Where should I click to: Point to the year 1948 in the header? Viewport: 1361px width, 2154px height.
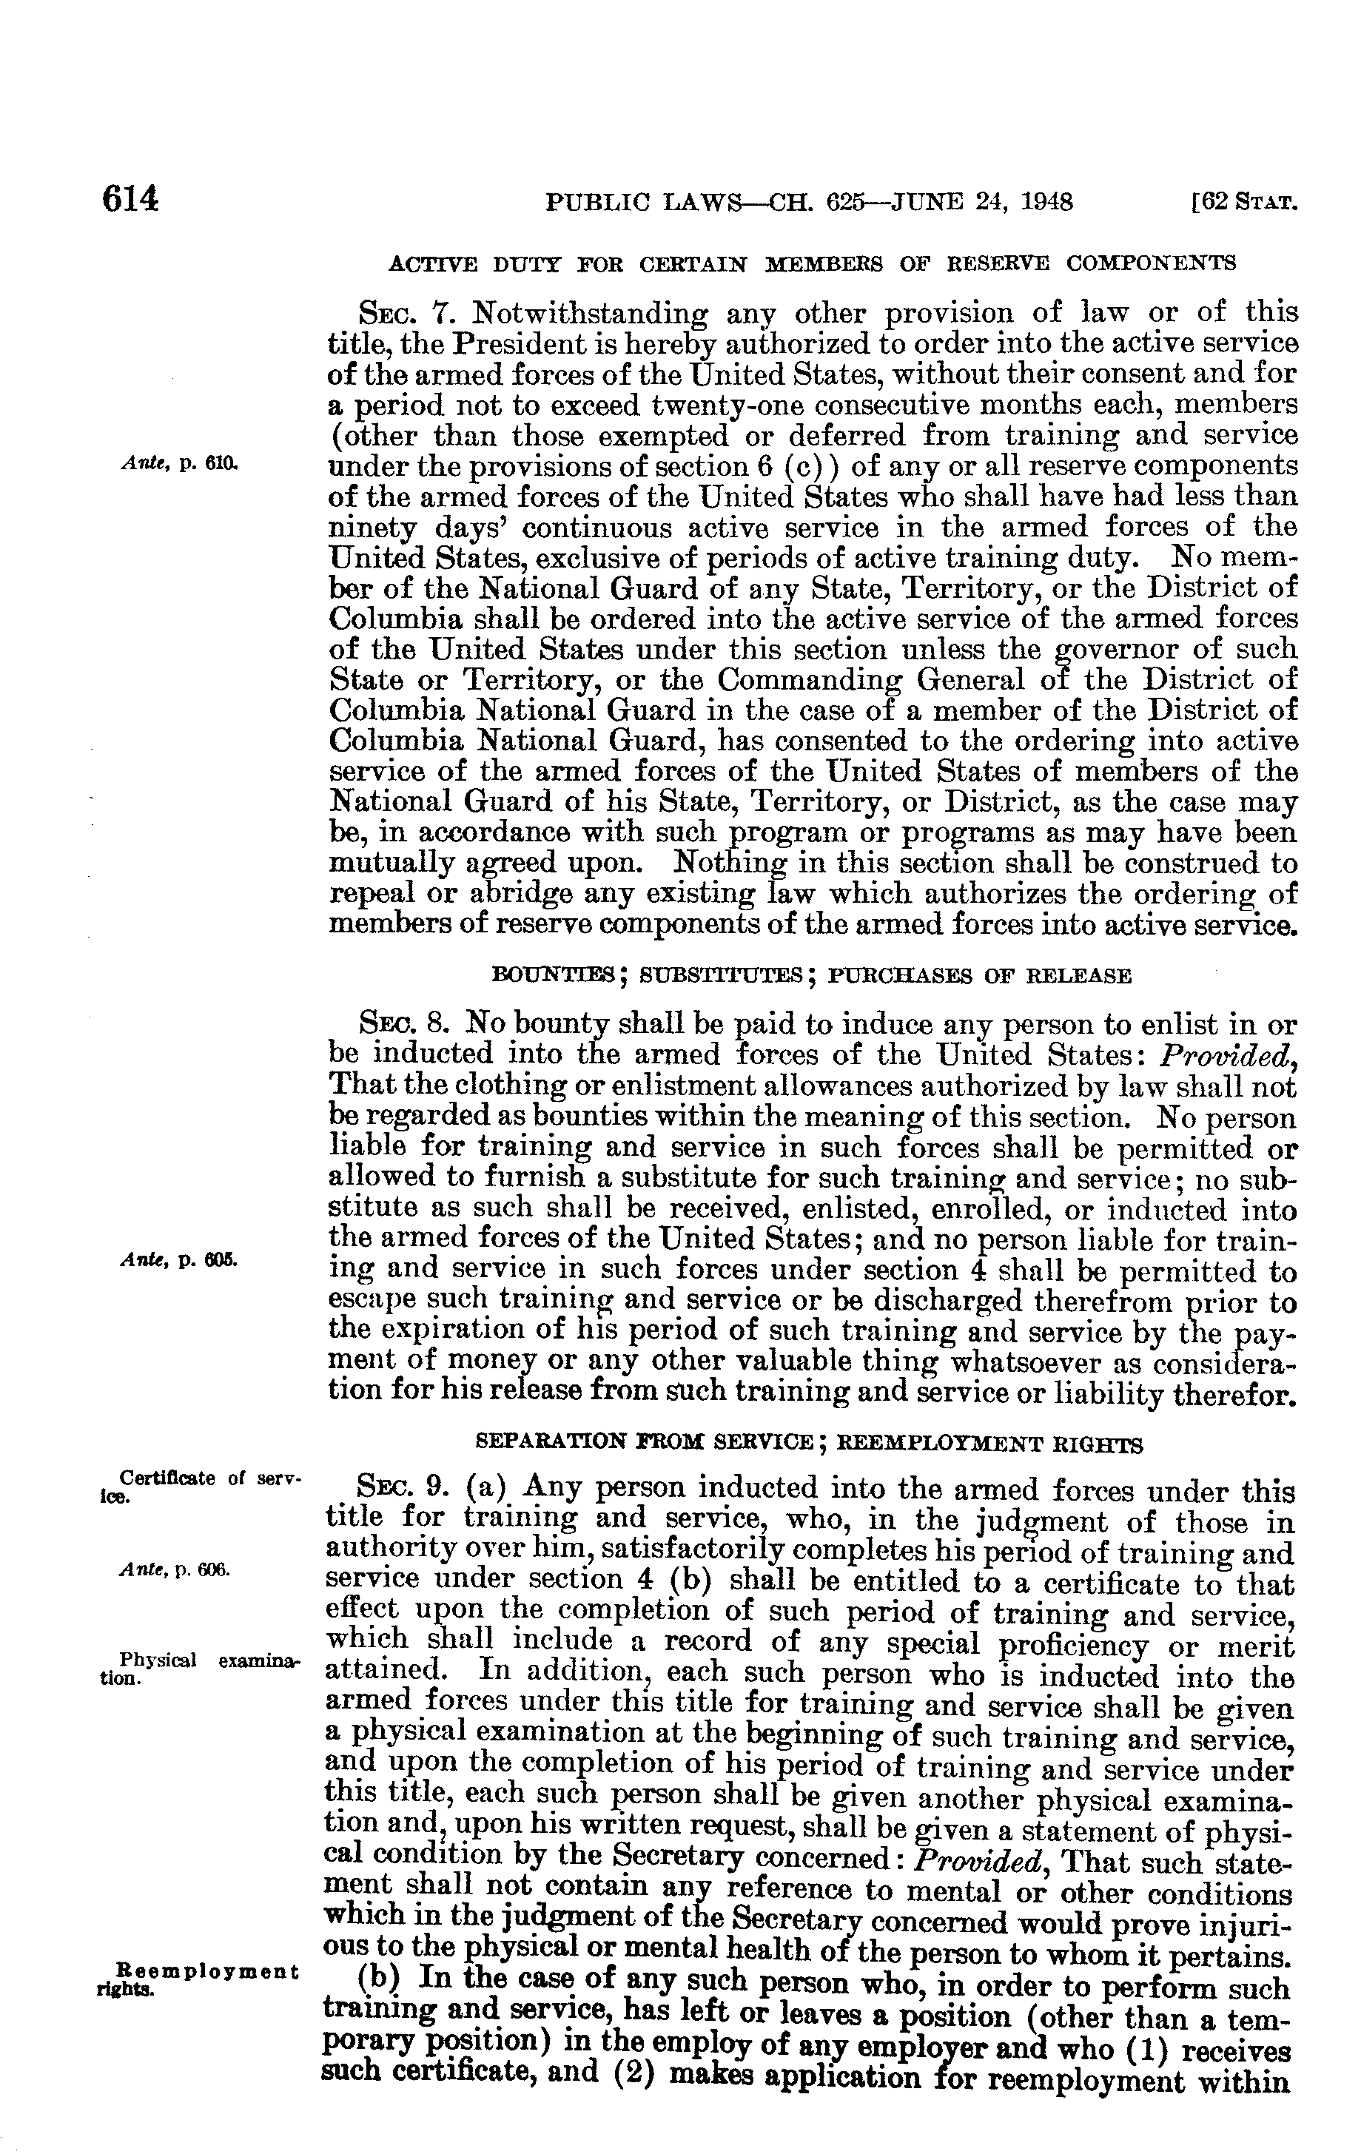point(1044,202)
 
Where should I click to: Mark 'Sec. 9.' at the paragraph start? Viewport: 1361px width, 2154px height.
point(405,1490)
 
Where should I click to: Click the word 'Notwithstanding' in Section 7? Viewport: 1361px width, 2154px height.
point(591,315)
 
